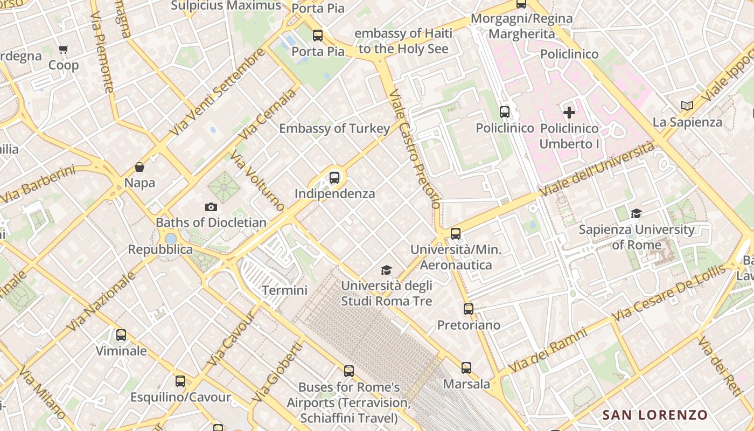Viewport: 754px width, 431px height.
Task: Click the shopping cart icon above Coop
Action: (64, 50)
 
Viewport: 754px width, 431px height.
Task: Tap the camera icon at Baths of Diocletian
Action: (211, 207)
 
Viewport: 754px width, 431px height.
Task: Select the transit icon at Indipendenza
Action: (334, 177)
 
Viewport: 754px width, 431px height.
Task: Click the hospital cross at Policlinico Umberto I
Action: (569, 113)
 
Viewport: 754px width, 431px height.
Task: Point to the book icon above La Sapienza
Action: (687, 106)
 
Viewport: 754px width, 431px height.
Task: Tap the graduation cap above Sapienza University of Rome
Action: (637, 213)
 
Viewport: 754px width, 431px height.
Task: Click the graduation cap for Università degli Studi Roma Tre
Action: (386, 270)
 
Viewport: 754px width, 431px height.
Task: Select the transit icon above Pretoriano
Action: (469, 309)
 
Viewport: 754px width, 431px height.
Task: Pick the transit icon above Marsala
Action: (466, 368)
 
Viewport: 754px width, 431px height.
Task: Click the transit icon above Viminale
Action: (121, 335)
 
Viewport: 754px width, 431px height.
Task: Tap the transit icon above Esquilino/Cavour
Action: (180, 381)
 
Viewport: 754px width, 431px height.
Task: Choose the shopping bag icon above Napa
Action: (139, 167)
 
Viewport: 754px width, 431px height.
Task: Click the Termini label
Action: (284, 290)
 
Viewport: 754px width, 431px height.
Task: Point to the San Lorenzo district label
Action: (654, 415)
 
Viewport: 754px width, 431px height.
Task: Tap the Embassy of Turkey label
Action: (334, 128)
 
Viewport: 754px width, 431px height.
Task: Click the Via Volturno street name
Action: (257, 181)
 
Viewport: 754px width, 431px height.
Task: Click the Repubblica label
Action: (160, 249)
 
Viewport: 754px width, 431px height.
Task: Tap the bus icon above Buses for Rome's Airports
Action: (349, 371)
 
